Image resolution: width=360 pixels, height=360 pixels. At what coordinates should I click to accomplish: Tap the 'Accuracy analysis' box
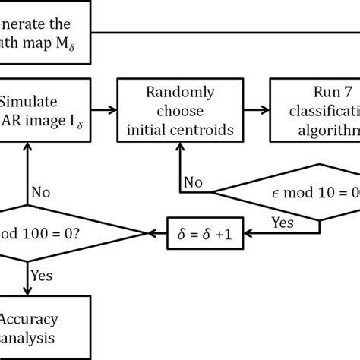[30, 326]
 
